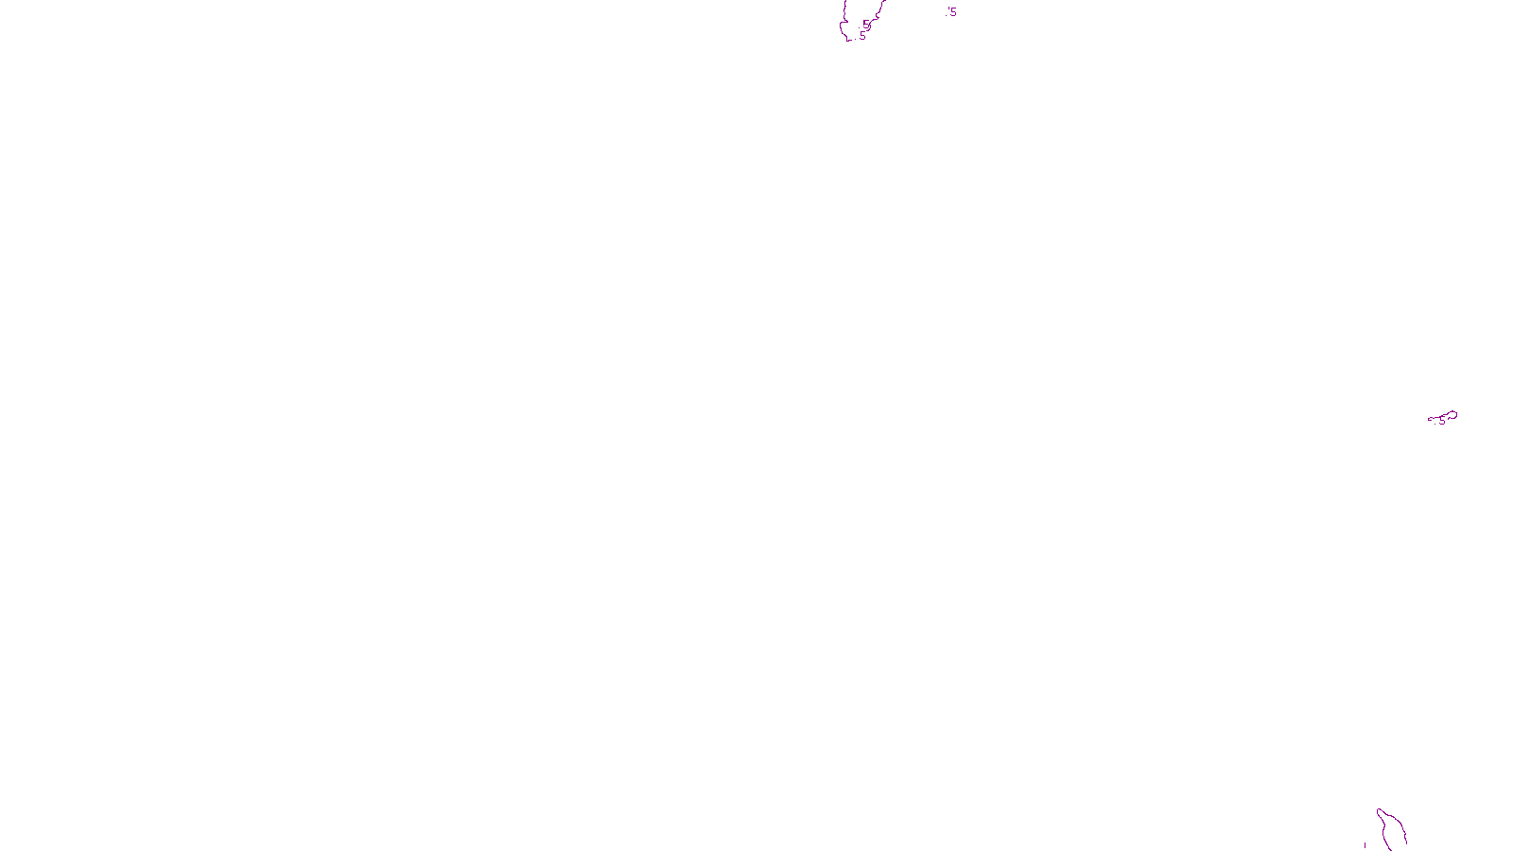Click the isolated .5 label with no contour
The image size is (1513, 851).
click(x=952, y=12)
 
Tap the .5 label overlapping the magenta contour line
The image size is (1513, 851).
click(x=865, y=24)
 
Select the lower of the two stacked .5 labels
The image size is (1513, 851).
click(x=861, y=36)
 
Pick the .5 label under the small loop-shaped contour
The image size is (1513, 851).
click(x=1441, y=422)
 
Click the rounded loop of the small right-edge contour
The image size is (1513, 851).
click(x=1452, y=414)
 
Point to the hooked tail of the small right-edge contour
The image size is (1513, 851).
click(x=1430, y=419)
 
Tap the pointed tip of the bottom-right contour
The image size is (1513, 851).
click(x=1379, y=809)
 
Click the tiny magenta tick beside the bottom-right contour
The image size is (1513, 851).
click(x=1365, y=844)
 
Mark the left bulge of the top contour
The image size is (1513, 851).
click(x=841, y=26)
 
